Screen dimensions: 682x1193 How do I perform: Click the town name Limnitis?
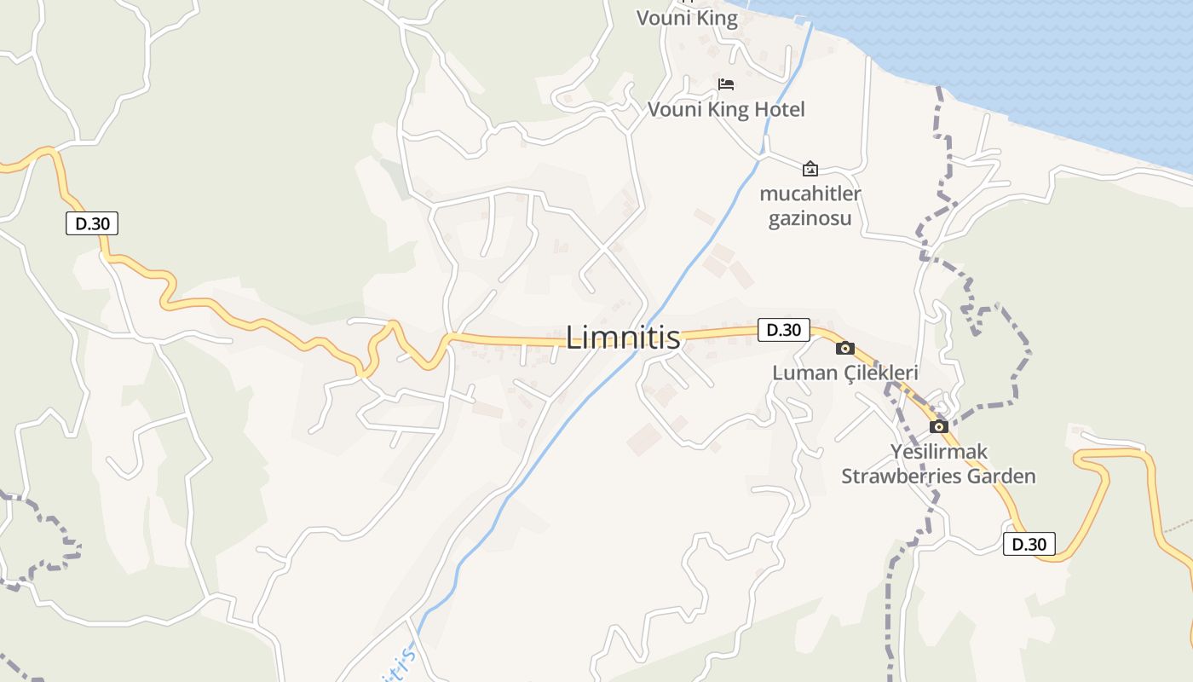click(x=623, y=338)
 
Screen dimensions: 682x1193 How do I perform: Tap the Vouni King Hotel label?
click(x=726, y=109)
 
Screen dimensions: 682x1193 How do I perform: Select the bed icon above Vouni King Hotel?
click(x=726, y=84)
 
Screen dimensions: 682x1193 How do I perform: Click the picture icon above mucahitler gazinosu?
click(x=810, y=168)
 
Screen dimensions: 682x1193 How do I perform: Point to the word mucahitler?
click(x=810, y=194)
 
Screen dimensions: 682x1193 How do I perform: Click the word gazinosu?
click(x=810, y=219)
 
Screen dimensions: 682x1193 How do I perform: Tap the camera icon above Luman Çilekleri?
click(x=845, y=348)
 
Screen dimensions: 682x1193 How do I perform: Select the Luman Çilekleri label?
click(x=844, y=373)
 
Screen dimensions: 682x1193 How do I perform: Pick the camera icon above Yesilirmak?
click(x=939, y=426)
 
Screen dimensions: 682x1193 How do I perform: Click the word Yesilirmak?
click(x=939, y=451)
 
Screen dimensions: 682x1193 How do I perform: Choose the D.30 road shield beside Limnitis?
click(x=783, y=330)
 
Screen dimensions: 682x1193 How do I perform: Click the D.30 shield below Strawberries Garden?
click(x=1029, y=544)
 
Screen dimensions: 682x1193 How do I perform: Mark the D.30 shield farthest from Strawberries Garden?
click(x=92, y=224)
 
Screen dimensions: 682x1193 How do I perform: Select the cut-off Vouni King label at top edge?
click(x=688, y=18)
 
